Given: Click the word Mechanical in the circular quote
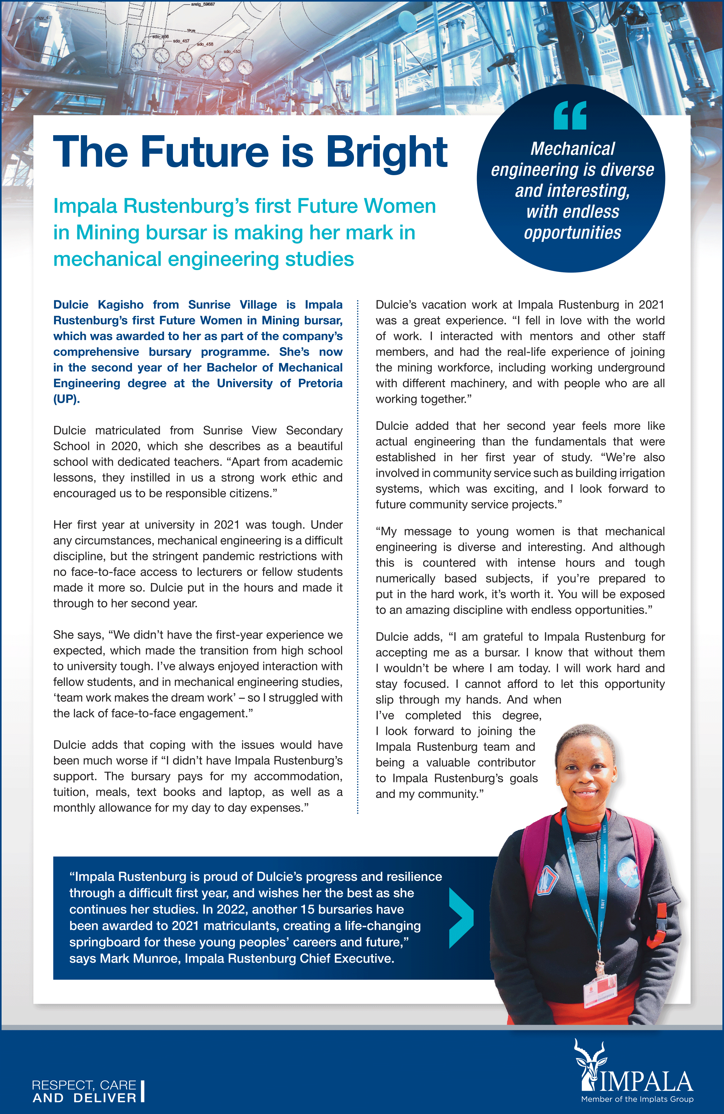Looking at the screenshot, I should (x=572, y=149).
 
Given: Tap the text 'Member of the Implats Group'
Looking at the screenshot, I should (x=637, y=1099).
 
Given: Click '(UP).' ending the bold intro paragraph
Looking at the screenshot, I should (x=66, y=399).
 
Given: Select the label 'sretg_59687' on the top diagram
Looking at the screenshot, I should (x=203, y=4).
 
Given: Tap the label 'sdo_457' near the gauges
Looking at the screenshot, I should (x=181, y=41).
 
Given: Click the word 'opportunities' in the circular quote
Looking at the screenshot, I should (x=572, y=233).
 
